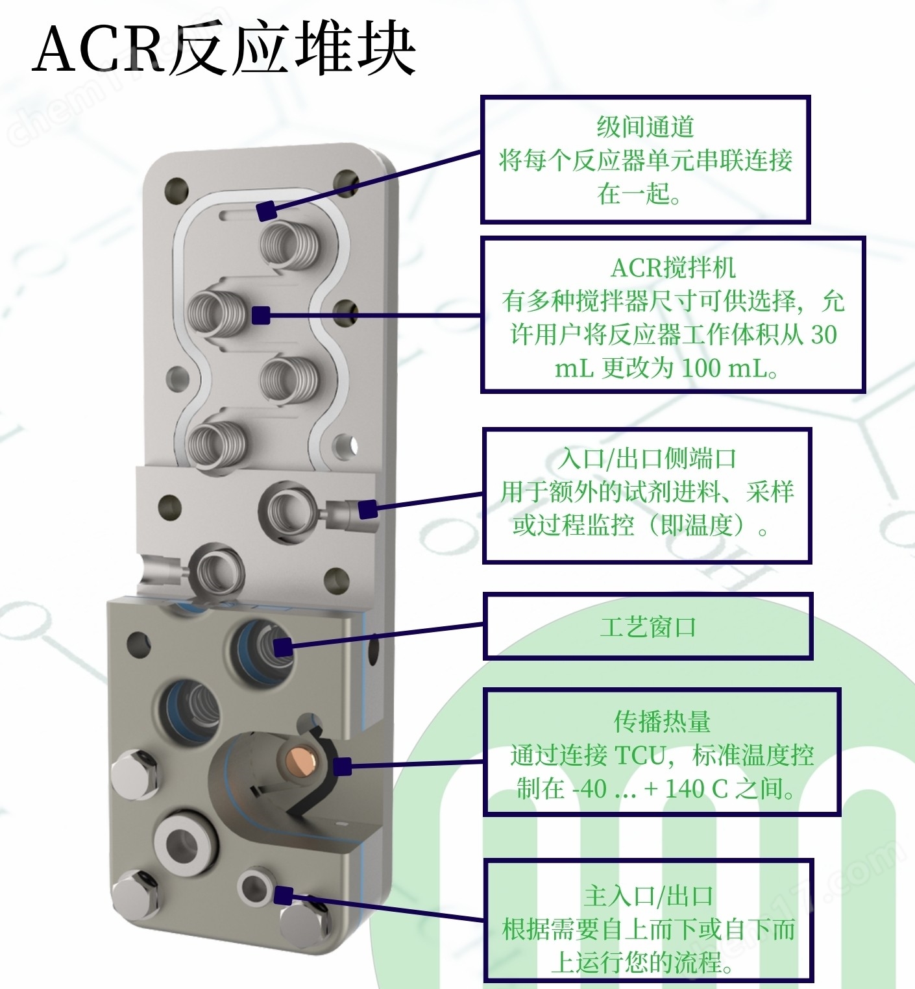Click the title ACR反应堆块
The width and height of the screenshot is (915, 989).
tap(224, 49)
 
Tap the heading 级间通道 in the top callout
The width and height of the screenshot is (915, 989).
tap(645, 127)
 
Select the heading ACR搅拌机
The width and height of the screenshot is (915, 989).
tap(673, 267)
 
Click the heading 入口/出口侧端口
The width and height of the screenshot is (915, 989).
tap(647, 458)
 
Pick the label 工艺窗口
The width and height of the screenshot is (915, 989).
tap(648, 627)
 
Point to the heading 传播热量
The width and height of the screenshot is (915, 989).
tap(662, 721)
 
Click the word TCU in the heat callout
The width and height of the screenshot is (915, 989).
tap(640, 755)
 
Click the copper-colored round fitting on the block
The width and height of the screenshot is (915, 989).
tap(302, 758)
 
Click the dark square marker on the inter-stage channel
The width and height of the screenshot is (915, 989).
tap(266, 212)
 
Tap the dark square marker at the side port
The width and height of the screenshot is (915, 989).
tap(368, 509)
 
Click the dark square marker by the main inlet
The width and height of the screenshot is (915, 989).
tap(283, 896)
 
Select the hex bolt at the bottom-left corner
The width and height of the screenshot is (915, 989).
tap(135, 895)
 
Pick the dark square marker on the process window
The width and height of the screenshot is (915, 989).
tap(282, 647)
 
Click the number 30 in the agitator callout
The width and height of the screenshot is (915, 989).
tap(823, 335)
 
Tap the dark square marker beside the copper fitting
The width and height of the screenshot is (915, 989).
tap(342, 766)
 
